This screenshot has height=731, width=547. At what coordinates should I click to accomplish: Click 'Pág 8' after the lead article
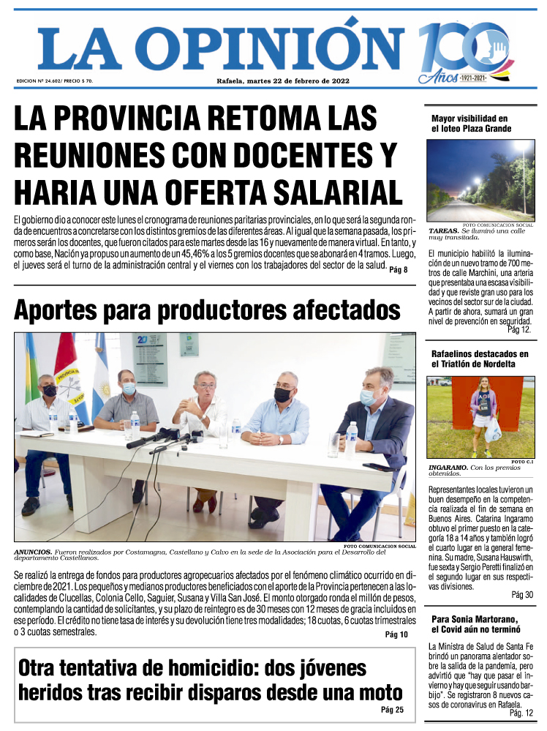pyautogui.click(x=399, y=270)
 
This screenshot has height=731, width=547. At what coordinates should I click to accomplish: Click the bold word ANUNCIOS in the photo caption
pyautogui.click(x=33, y=551)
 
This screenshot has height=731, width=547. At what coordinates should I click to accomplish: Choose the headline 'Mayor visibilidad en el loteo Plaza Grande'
pyautogui.click(x=470, y=124)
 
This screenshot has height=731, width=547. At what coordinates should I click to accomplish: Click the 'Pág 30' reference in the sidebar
pyautogui.click(x=522, y=595)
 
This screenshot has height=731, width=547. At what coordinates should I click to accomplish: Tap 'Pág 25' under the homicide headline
pyautogui.click(x=392, y=710)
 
